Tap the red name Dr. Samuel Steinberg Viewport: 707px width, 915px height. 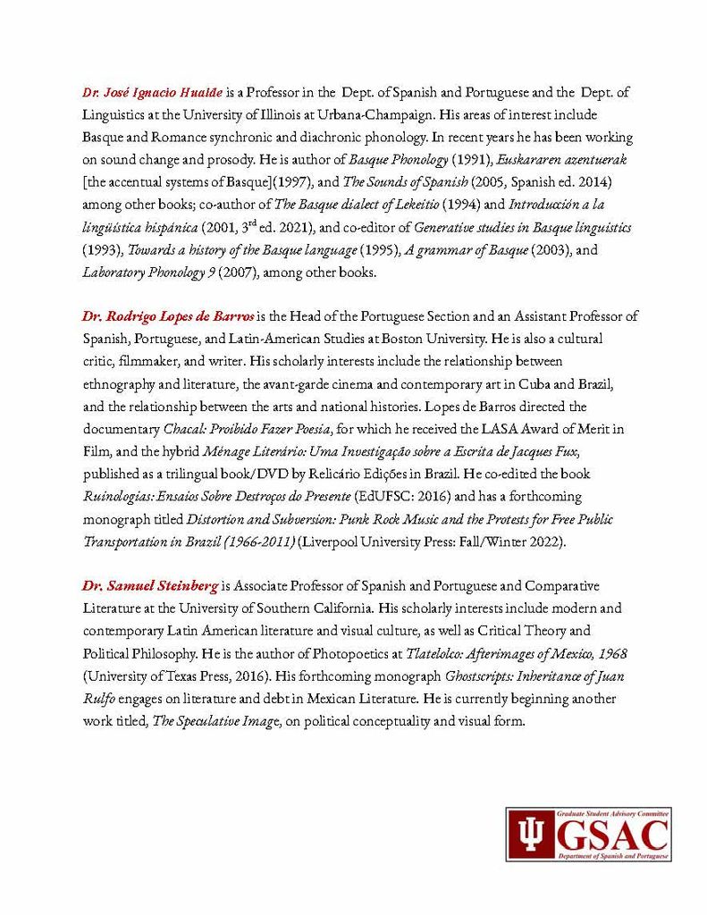click(x=150, y=585)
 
